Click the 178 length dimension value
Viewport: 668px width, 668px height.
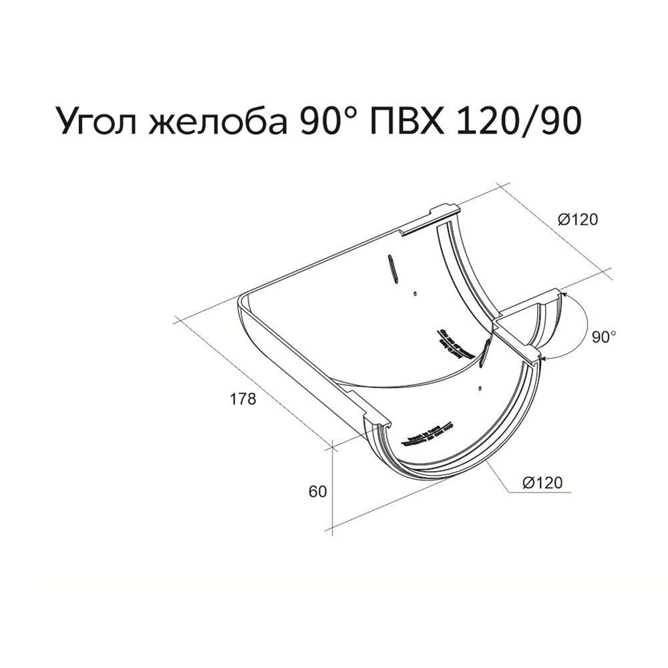pyautogui.click(x=243, y=399)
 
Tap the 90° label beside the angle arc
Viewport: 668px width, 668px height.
pyautogui.click(x=604, y=337)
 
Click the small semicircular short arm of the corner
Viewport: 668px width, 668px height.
pyautogui.click(x=538, y=321)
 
